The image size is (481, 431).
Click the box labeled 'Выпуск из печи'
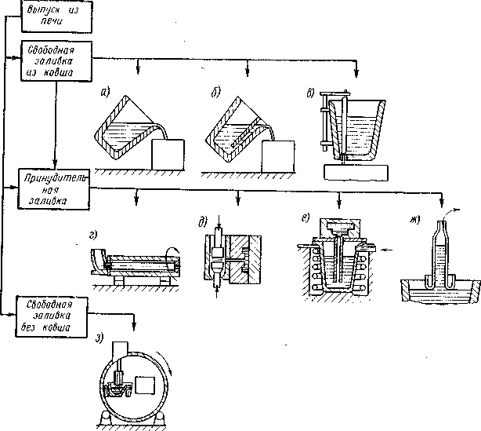[56, 16]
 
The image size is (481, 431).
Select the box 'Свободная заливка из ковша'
[56, 61]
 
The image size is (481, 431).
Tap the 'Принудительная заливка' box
[54, 189]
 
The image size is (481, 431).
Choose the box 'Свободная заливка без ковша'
[52, 316]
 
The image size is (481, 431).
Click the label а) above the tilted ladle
[105, 92]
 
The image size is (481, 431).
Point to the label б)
[215, 92]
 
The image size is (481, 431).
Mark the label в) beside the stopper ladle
[310, 93]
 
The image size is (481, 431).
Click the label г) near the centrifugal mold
[93, 236]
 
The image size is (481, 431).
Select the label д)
[203, 221]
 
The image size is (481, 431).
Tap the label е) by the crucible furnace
[306, 217]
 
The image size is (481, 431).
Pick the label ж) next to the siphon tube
[415, 220]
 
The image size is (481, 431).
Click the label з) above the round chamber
[99, 338]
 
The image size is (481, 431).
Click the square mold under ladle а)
[168, 155]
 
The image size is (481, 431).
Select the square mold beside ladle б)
[278, 156]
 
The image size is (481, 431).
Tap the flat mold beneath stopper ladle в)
[356, 173]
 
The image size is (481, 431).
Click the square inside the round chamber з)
[145, 385]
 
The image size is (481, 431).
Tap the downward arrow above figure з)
[134, 322]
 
